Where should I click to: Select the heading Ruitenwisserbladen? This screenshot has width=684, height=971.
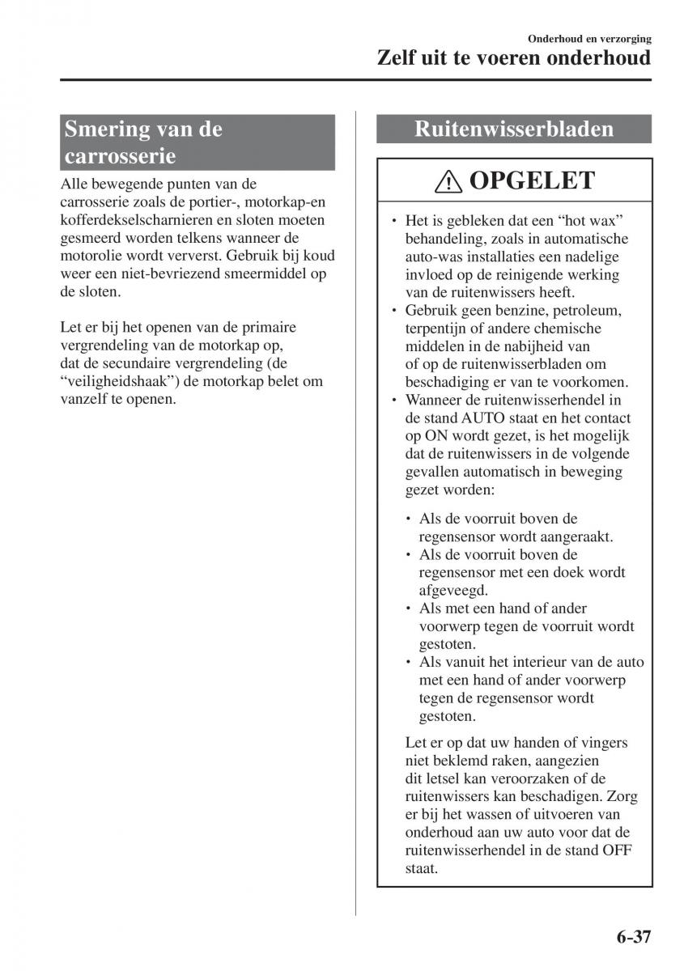513,129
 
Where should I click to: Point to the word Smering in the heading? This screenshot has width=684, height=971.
108,129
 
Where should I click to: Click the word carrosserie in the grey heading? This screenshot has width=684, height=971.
120,155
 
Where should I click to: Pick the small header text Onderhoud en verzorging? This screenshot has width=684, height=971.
589,39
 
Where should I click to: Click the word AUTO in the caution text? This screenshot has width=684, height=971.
483,418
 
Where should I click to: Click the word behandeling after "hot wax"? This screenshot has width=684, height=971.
446,240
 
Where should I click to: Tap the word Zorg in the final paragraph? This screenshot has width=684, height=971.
622,797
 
